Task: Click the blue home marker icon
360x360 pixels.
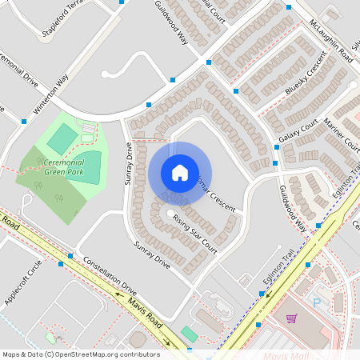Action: (180, 173)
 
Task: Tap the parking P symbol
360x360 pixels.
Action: (316, 303)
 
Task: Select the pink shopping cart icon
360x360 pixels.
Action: (291, 318)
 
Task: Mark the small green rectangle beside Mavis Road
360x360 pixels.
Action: (188, 332)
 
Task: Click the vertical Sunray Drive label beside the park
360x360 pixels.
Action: (127, 164)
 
